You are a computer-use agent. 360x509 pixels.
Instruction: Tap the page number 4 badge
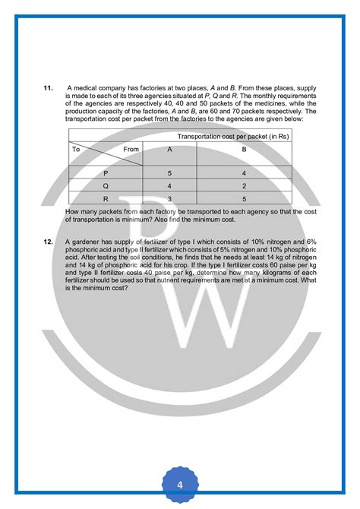tap(180, 484)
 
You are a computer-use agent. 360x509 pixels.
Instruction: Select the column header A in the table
tap(169, 150)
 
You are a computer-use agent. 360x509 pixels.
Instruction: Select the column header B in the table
tap(245, 150)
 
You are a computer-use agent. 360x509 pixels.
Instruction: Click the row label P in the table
tap(106, 174)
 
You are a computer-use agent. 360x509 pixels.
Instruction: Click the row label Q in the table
tap(106, 185)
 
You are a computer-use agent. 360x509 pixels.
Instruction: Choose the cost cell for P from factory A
tap(169, 174)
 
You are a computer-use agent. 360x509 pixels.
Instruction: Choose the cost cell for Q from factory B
tap(245, 185)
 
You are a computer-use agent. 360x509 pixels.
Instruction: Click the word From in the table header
tap(131, 150)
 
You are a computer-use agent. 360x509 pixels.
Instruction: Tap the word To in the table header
tap(76, 150)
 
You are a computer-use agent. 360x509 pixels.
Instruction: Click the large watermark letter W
tap(205, 304)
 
